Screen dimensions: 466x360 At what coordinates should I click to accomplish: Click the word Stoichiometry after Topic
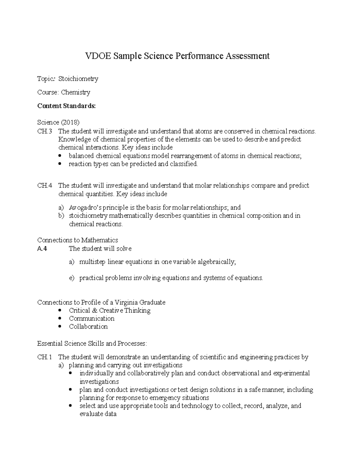coord(78,79)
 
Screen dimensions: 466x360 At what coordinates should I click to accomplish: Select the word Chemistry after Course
coord(75,92)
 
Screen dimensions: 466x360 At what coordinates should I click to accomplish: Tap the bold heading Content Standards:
coord(66,106)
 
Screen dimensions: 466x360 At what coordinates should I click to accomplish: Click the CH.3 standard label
coord(44,131)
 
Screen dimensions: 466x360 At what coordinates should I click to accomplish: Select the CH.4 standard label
coord(44,186)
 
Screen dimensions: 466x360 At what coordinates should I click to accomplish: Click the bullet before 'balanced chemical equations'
coord(61,156)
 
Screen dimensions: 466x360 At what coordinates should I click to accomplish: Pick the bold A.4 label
coord(42,249)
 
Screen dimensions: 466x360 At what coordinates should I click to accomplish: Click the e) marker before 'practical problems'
coord(71,278)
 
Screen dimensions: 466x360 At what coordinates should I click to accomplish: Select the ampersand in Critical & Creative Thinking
coord(94,311)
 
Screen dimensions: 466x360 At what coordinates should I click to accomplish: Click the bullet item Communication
coord(91,319)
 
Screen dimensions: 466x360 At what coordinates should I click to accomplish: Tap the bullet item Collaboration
coord(88,327)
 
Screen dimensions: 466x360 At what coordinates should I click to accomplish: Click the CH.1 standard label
coord(44,357)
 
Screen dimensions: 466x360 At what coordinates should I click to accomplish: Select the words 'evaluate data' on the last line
coord(98,414)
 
